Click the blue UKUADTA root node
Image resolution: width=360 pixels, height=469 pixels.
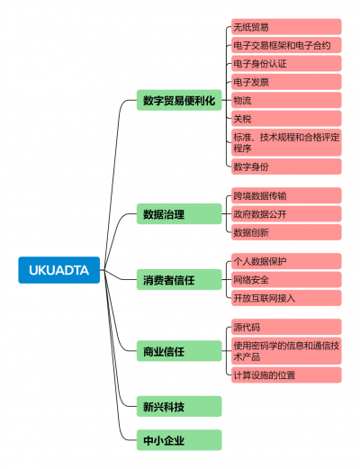click(59, 270)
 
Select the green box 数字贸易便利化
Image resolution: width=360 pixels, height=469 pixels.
click(179, 100)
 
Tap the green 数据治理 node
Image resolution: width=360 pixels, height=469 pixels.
click(179, 214)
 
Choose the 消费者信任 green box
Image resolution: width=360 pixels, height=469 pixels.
click(179, 280)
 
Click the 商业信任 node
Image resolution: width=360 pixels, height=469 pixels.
click(179, 351)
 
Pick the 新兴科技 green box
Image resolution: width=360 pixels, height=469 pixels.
click(179, 406)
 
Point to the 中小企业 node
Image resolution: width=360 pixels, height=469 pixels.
click(179, 440)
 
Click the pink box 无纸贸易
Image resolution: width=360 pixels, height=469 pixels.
click(286, 27)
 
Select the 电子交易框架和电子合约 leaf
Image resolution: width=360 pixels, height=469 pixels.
click(286, 45)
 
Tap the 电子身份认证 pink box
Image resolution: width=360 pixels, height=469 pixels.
click(286, 63)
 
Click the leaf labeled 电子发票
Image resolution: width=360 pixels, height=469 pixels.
click(286, 82)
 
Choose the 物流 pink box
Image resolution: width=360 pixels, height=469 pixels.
click(286, 100)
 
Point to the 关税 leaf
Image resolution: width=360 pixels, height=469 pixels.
click(286, 119)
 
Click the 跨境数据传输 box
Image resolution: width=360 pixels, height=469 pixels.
click(286, 195)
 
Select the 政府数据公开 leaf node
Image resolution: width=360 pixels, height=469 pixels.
click(286, 214)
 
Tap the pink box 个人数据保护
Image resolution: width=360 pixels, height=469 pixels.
click(286, 261)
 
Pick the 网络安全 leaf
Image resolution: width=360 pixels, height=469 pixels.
click(286, 280)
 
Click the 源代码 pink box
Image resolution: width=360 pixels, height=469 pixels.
click(286, 327)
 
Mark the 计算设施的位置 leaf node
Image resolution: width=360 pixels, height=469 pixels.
click(286, 374)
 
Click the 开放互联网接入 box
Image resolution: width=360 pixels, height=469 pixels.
click(286, 298)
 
